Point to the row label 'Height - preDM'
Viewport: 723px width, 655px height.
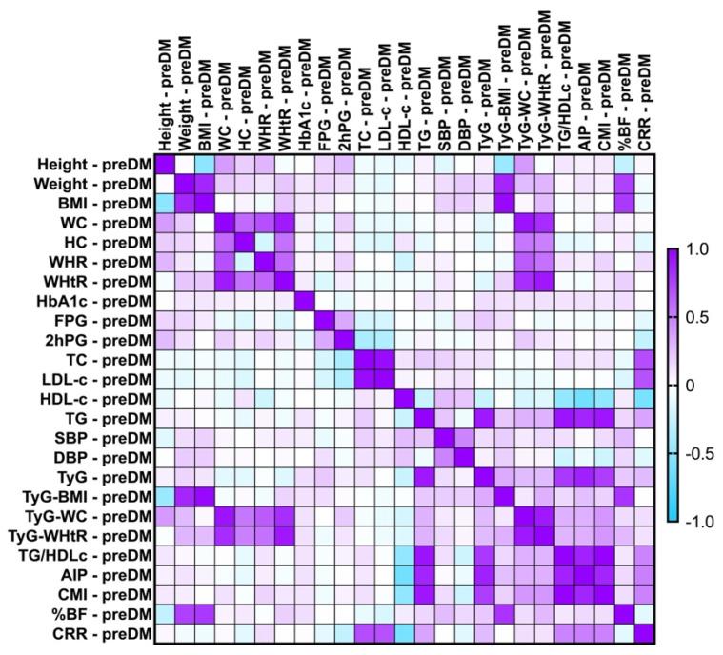tap(96, 164)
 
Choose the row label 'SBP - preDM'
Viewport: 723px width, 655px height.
tap(104, 438)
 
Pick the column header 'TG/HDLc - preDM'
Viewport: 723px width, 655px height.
tap(563, 76)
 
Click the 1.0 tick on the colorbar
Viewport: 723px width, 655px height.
tap(697, 249)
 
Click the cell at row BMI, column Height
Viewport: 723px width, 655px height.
tap(165, 203)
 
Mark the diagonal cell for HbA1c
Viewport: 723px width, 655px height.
tap(305, 301)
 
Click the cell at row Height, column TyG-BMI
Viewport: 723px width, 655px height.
tap(504, 164)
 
